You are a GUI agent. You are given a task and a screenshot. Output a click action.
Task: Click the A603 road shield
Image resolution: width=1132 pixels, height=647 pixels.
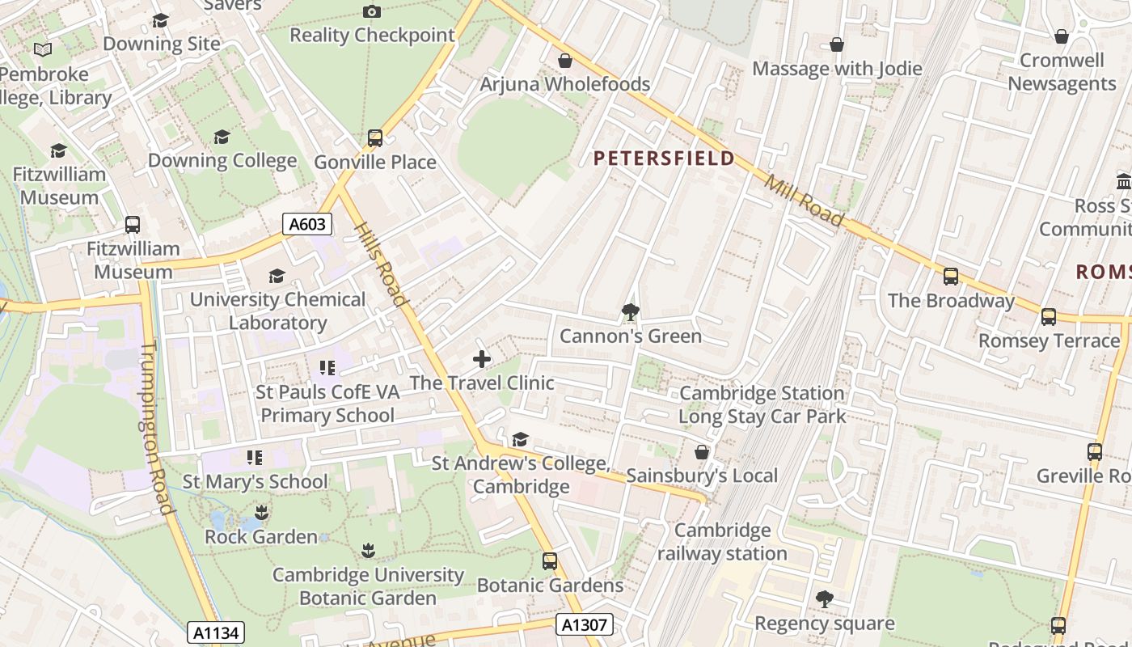coord(307,224)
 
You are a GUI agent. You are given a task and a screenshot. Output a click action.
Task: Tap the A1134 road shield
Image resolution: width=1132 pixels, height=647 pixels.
coord(216,632)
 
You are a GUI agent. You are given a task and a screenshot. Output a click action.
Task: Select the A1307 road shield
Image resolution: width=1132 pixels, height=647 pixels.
coord(585,624)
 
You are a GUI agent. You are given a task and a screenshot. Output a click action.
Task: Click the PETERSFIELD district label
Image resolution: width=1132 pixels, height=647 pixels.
coord(664,158)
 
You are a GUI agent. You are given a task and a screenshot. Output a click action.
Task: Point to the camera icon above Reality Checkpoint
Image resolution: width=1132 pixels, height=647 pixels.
coord(372,11)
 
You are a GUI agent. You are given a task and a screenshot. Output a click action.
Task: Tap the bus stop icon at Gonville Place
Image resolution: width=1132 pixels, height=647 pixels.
coord(374,138)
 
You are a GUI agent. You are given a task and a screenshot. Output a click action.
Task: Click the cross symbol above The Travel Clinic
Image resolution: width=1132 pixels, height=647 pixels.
coord(482,359)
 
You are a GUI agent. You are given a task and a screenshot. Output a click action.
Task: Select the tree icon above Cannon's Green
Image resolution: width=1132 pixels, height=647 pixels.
coord(630,312)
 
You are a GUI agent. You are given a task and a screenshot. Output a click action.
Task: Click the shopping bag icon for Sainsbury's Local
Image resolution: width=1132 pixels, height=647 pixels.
coord(702,452)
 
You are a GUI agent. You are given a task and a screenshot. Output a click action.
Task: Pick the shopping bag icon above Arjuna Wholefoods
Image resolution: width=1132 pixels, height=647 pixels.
coord(565,61)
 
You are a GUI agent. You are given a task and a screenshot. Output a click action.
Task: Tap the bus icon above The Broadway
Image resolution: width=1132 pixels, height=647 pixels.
coord(951,277)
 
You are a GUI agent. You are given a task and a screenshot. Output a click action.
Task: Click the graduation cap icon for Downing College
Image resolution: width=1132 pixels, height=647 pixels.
coord(222,137)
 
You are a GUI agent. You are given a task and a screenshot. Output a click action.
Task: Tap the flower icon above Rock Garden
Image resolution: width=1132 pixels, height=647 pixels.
coord(261,513)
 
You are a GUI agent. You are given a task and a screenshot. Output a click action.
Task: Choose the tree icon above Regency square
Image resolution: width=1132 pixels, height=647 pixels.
coord(824,599)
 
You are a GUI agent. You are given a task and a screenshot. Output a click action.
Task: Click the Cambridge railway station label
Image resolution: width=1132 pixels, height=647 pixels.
coord(722,542)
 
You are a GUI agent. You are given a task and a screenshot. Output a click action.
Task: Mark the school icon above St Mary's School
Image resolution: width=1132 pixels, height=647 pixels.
coord(255,458)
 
